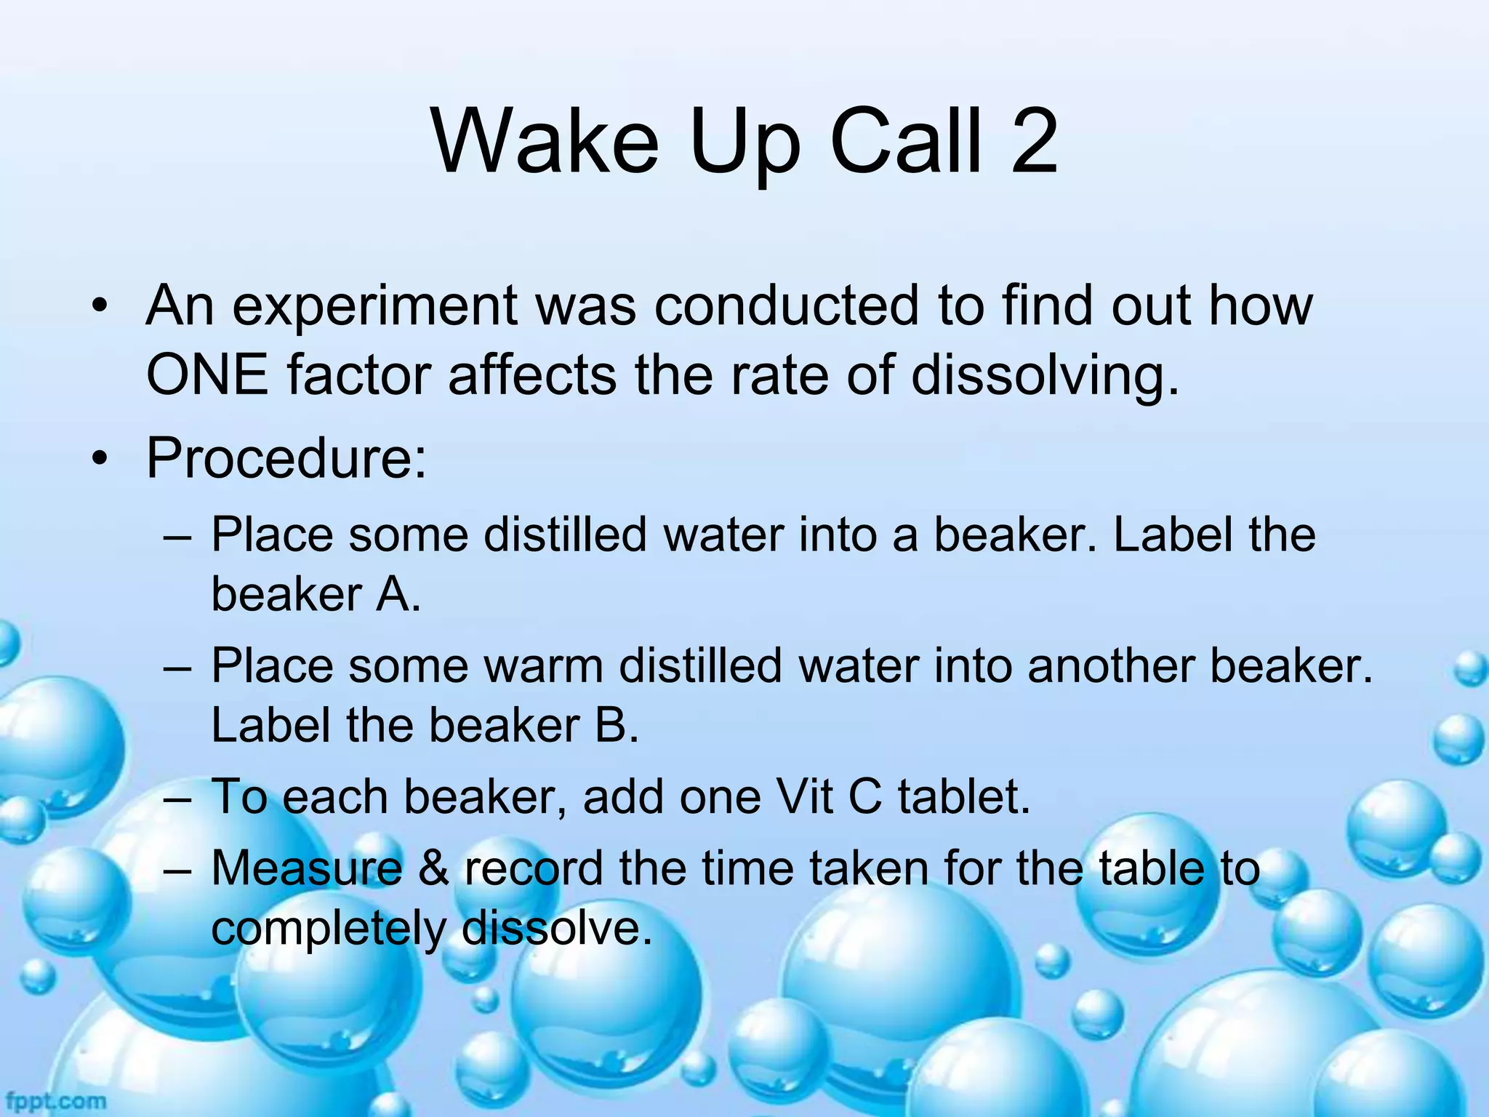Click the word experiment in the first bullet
click(x=374, y=307)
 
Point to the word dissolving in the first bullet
click(x=1044, y=377)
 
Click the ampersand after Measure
click(x=433, y=868)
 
